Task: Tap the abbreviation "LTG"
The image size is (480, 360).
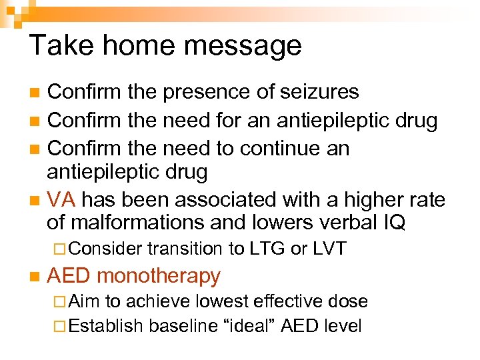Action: tap(267, 249)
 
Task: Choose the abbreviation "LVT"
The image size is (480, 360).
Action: tap(329, 249)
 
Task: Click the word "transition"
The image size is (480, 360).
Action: tap(186, 249)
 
